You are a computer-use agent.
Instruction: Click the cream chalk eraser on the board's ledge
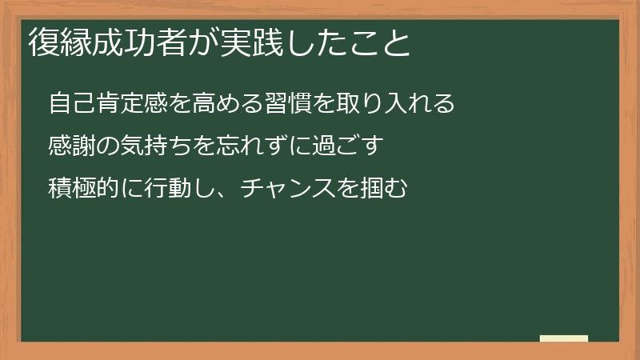[x=564, y=338]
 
